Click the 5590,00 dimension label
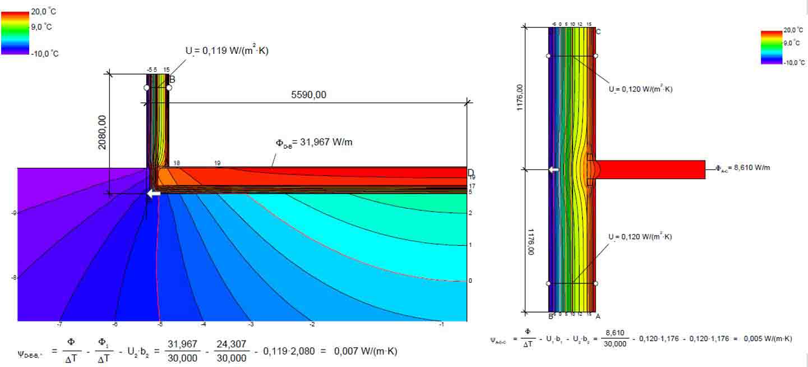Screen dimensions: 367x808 click(x=308, y=95)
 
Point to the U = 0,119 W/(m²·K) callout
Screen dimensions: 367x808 click(x=227, y=51)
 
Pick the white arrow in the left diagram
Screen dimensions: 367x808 click(x=153, y=194)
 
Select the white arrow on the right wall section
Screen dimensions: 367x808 click(x=553, y=170)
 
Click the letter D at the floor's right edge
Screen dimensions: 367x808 click(x=471, y=172)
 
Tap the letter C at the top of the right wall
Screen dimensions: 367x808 click(x=598, y=32)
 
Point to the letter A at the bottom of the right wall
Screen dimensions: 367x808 click(x=598, y=316)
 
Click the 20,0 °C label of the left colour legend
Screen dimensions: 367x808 click(x=43, y=11)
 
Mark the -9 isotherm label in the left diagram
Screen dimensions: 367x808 click(x=13, y=213)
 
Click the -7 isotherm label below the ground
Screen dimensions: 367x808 click(x=59, y=324)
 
